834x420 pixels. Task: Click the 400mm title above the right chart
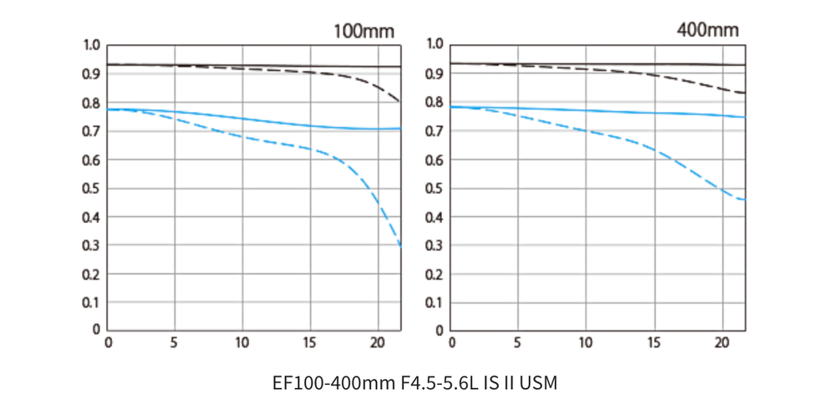pyautogui.click(x=708, y=31)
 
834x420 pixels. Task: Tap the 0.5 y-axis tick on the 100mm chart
pyautogui.click(x=92, y=189)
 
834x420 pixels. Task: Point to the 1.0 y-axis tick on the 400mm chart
pyautogui.click(x=435, y=44)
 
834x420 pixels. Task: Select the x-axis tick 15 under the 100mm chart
pyautogui.click(x=310, y=342)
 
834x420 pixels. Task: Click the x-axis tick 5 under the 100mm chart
pyautogui.click(x=175, y=342)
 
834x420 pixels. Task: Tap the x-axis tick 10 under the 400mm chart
pyautogui.click(x=586, y=342)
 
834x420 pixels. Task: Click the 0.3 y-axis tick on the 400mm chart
pyautogui.click(x=435, y=245)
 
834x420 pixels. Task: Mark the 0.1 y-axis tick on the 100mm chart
pyautogui.click(x=92, y=302)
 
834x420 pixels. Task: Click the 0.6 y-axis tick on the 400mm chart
pyautogui.click(x=435, y=159)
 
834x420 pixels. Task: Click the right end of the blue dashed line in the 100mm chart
pyautogui.click(x=401, y=248)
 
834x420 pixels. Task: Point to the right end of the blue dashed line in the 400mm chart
pyautogui.click(x=745, y=200)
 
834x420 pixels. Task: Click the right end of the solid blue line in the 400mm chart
pyautogui.click(x=745, y=117)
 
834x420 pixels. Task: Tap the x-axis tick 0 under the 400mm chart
pyautogui.click(x=452, y=342)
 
